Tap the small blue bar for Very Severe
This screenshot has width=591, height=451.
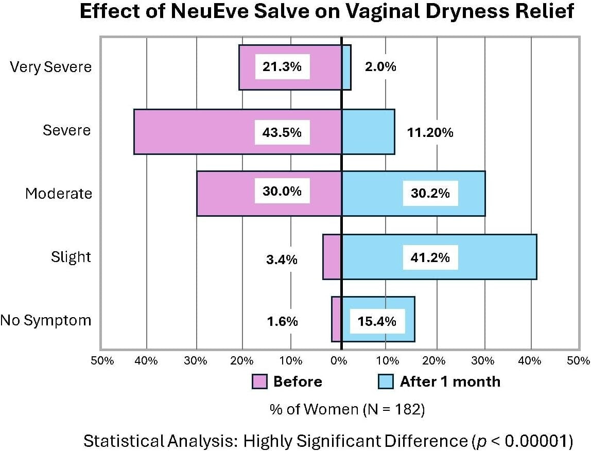point(346,67)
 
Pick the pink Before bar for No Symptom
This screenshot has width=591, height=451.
point(336,319)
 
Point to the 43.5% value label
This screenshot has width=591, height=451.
point(282,132)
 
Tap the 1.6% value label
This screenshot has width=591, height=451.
point(282,321)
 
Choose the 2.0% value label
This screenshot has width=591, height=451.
point(380,67)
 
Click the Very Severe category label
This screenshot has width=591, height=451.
point(51,67)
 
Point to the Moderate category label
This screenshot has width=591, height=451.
point(59,194)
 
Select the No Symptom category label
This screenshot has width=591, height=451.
point(46,320)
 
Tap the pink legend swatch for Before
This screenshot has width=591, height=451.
point(259,381)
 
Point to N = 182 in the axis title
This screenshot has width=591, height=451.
point(394,409)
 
